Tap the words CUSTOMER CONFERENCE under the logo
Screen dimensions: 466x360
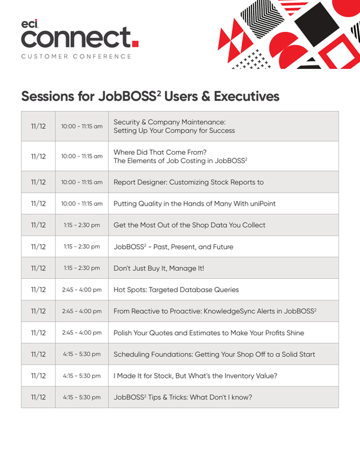(x=76, y=56)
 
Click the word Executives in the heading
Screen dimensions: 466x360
(x=244, y=96)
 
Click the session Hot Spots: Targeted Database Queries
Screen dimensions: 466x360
(x=176, y=290)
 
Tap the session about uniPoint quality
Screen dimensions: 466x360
(x=194, y=203)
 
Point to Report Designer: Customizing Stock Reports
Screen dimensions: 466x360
(x=188, y=182)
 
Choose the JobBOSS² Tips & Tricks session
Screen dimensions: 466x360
(x=182, y=397)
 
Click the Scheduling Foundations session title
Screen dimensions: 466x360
(x=214, y=354)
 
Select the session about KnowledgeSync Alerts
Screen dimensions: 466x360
(x=215, y=311)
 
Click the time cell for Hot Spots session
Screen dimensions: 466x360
(x=82, y=290)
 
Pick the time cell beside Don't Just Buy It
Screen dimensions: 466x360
(x=82, y=268)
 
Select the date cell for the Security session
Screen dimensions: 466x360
(x=38, y=126)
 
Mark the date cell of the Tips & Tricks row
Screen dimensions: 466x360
(x=38, y=397)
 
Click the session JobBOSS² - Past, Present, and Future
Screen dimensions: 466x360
(x=173, y=246)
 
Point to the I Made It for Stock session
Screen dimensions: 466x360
(x=195, y=376)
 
